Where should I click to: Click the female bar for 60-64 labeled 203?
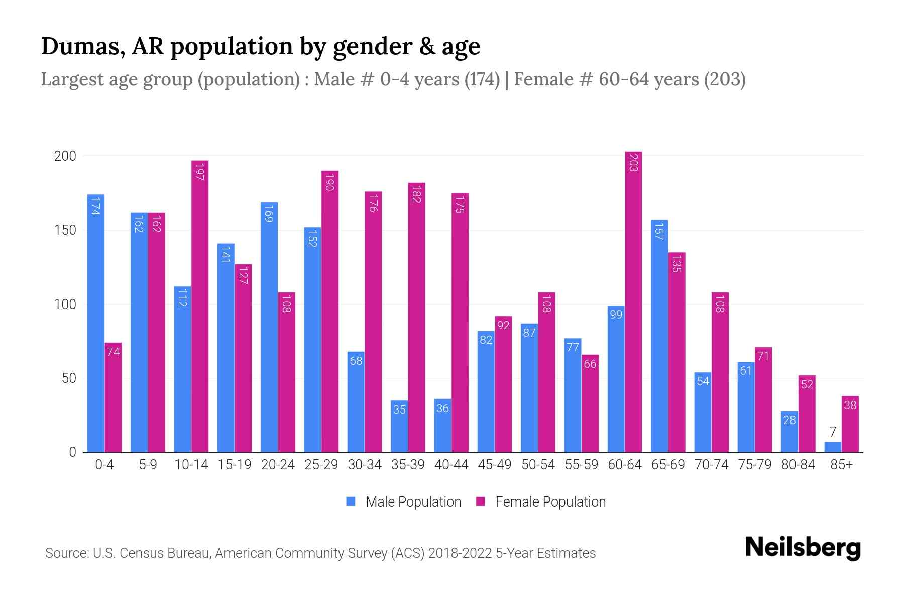coord(633,301)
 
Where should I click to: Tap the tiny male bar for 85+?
coord(833,447)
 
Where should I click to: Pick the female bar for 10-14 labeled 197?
coord(200,307)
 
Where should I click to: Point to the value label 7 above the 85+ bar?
coord(833,432)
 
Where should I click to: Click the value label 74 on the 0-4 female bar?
coord(113,352)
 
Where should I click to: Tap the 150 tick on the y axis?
coord(65,230)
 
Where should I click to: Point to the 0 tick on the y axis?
coord(73,452)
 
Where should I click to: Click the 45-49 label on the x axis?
coord(495,465)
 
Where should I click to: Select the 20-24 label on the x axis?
coord(278,465)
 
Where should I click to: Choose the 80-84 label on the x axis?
coord(798,465)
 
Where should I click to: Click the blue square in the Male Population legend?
coord(351,501)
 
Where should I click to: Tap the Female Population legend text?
coord(550,502)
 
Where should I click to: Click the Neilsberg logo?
coord(803,547)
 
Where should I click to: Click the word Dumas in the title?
coord(83,46)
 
